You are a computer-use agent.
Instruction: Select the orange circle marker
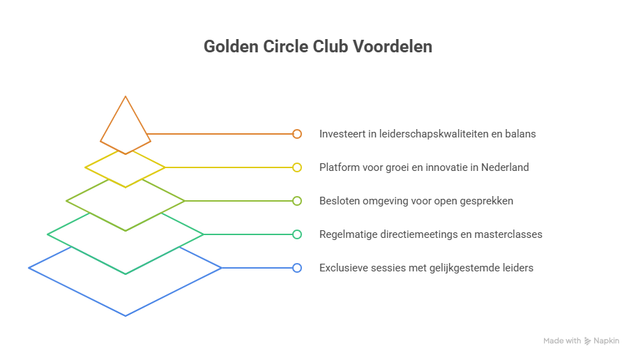tap(297, 134)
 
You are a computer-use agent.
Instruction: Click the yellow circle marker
tap(297, 167)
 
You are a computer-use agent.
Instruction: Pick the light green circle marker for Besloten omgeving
tap(297, 201)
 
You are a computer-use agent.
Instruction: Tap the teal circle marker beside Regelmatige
tap(297, 234)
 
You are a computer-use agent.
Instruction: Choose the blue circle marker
tap(297, 268)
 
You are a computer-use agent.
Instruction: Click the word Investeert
tap(342, 134)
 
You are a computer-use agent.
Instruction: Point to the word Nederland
tap(505, 167)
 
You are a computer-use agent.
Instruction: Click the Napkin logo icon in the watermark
tap(587, 341)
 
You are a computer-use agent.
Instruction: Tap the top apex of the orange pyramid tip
tap(126, 96)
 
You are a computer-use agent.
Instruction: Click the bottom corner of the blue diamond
tap(126, 316)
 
